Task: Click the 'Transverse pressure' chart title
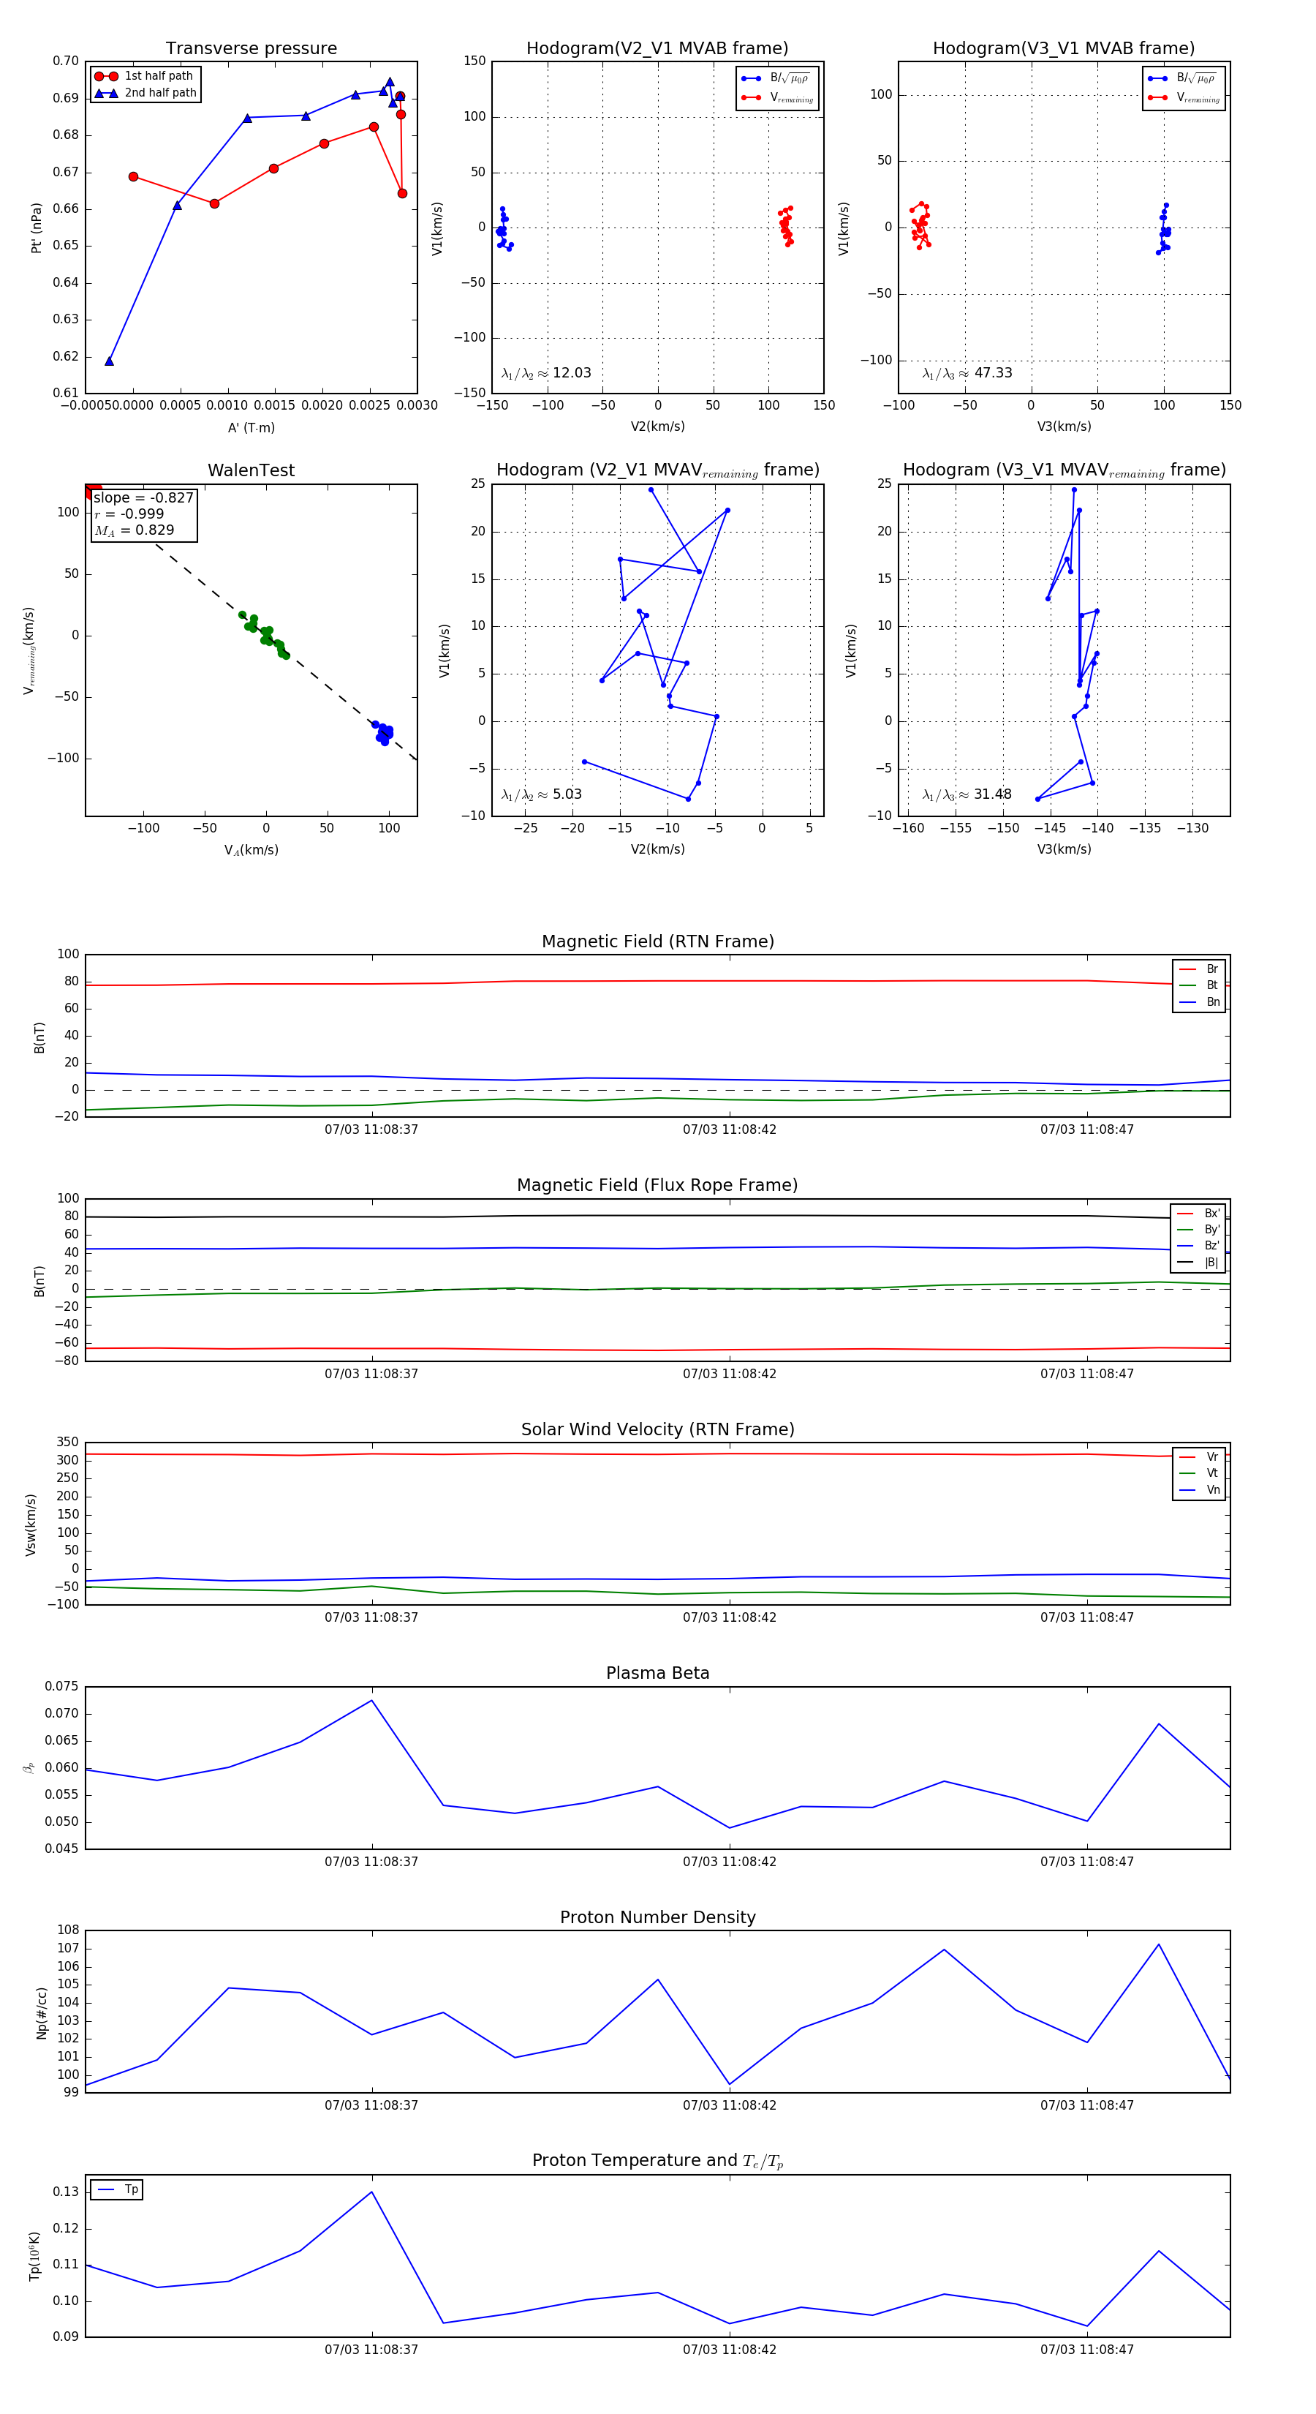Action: (251, 49)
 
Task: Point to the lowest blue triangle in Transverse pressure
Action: (110, 361)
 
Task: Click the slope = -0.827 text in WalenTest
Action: (143, 497)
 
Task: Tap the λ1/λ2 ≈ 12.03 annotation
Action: (546, 373)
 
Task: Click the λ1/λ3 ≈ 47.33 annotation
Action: (967, 373)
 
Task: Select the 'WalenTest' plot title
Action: (251, 470)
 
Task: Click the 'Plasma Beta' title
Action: (657, 1673)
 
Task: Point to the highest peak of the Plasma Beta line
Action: (372, 1700)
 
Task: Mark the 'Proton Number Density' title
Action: (657, 1917)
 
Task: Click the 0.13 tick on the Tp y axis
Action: (66, 2192)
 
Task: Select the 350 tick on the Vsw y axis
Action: (67, 1443)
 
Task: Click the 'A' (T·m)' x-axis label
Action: (251, 427)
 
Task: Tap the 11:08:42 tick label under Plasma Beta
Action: (729, 1861)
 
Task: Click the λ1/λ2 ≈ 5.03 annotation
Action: (541, 794)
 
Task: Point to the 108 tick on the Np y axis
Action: (67, 1930)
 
